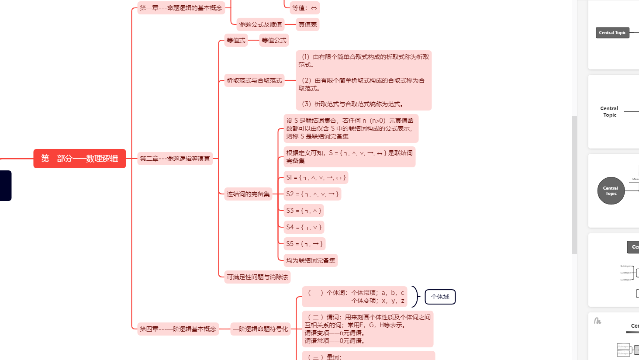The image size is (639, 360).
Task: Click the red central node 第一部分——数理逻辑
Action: pos(79,159)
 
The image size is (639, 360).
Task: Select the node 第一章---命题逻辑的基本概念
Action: pos(181,8)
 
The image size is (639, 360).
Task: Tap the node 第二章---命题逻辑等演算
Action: pos(175,159)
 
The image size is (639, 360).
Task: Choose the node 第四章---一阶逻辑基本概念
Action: pos(178,329)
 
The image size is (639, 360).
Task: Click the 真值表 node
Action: pos(307,24)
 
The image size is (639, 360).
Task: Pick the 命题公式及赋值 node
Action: pos(260,24)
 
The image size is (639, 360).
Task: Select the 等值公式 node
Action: pos(274,40)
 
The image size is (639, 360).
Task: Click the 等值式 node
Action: pos(236,40)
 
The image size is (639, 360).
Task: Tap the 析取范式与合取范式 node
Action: pos(254,80)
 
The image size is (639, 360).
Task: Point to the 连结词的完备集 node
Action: pos(248,194)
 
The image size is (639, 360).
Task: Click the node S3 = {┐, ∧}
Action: pos(304,211)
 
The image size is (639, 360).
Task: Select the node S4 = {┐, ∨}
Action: pos(304,227)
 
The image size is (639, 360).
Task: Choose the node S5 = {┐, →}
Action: pos(304,244)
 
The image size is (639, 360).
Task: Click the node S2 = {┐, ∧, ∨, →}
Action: pos(312,194)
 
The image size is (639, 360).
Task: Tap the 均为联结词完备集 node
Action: pos(311,260)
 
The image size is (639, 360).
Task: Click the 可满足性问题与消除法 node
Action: pos(257,277)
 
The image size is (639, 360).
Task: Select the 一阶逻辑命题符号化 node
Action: pos(260,329)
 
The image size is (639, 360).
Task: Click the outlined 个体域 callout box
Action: pos(440,297)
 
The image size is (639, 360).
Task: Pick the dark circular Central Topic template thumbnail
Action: pos(611,191)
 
